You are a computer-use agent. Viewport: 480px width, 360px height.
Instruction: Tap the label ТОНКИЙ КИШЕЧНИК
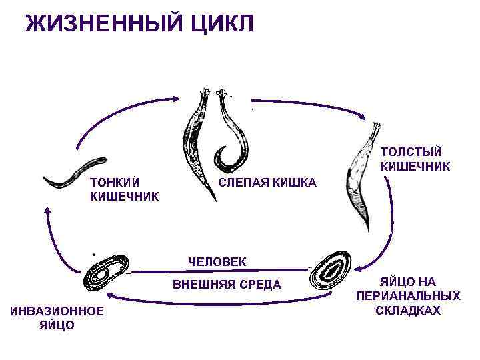pos(124,189)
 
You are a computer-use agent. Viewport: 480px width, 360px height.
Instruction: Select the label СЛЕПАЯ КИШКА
pos(268,183)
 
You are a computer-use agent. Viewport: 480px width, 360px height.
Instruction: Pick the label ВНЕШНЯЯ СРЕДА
pos(227,285)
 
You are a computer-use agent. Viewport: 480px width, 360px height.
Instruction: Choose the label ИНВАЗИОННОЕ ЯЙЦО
pos(56,318)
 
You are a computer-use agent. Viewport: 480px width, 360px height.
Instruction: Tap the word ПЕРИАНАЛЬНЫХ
pos(408,296)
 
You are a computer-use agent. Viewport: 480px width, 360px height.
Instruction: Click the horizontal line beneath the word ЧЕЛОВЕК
pos(220,271)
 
